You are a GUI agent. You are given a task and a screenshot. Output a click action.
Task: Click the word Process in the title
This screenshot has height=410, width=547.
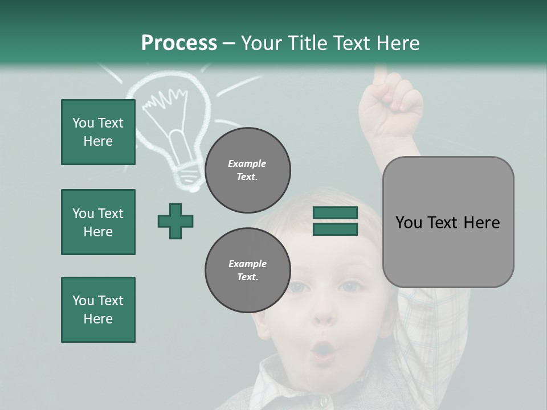point(179,43)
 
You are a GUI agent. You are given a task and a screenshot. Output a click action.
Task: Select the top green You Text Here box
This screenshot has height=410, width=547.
point(98,132)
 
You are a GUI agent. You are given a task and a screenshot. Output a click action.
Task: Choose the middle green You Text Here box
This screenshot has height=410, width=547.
point(98,222)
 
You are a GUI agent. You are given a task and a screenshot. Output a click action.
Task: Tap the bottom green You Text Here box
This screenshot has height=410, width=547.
point(98,310)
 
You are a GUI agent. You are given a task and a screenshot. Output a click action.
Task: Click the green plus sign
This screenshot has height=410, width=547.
point(175,221)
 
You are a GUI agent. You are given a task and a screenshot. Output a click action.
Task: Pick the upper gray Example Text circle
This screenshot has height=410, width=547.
point(248,170)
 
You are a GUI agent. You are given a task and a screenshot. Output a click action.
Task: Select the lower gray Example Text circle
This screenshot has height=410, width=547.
point(248,270)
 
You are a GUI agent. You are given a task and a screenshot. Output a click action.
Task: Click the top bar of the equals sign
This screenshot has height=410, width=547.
point(335,212)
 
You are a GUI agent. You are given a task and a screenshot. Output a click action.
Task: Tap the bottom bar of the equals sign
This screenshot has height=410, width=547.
point(335,229)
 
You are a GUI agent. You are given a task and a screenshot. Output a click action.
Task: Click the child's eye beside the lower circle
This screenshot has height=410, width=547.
point(297,287)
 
